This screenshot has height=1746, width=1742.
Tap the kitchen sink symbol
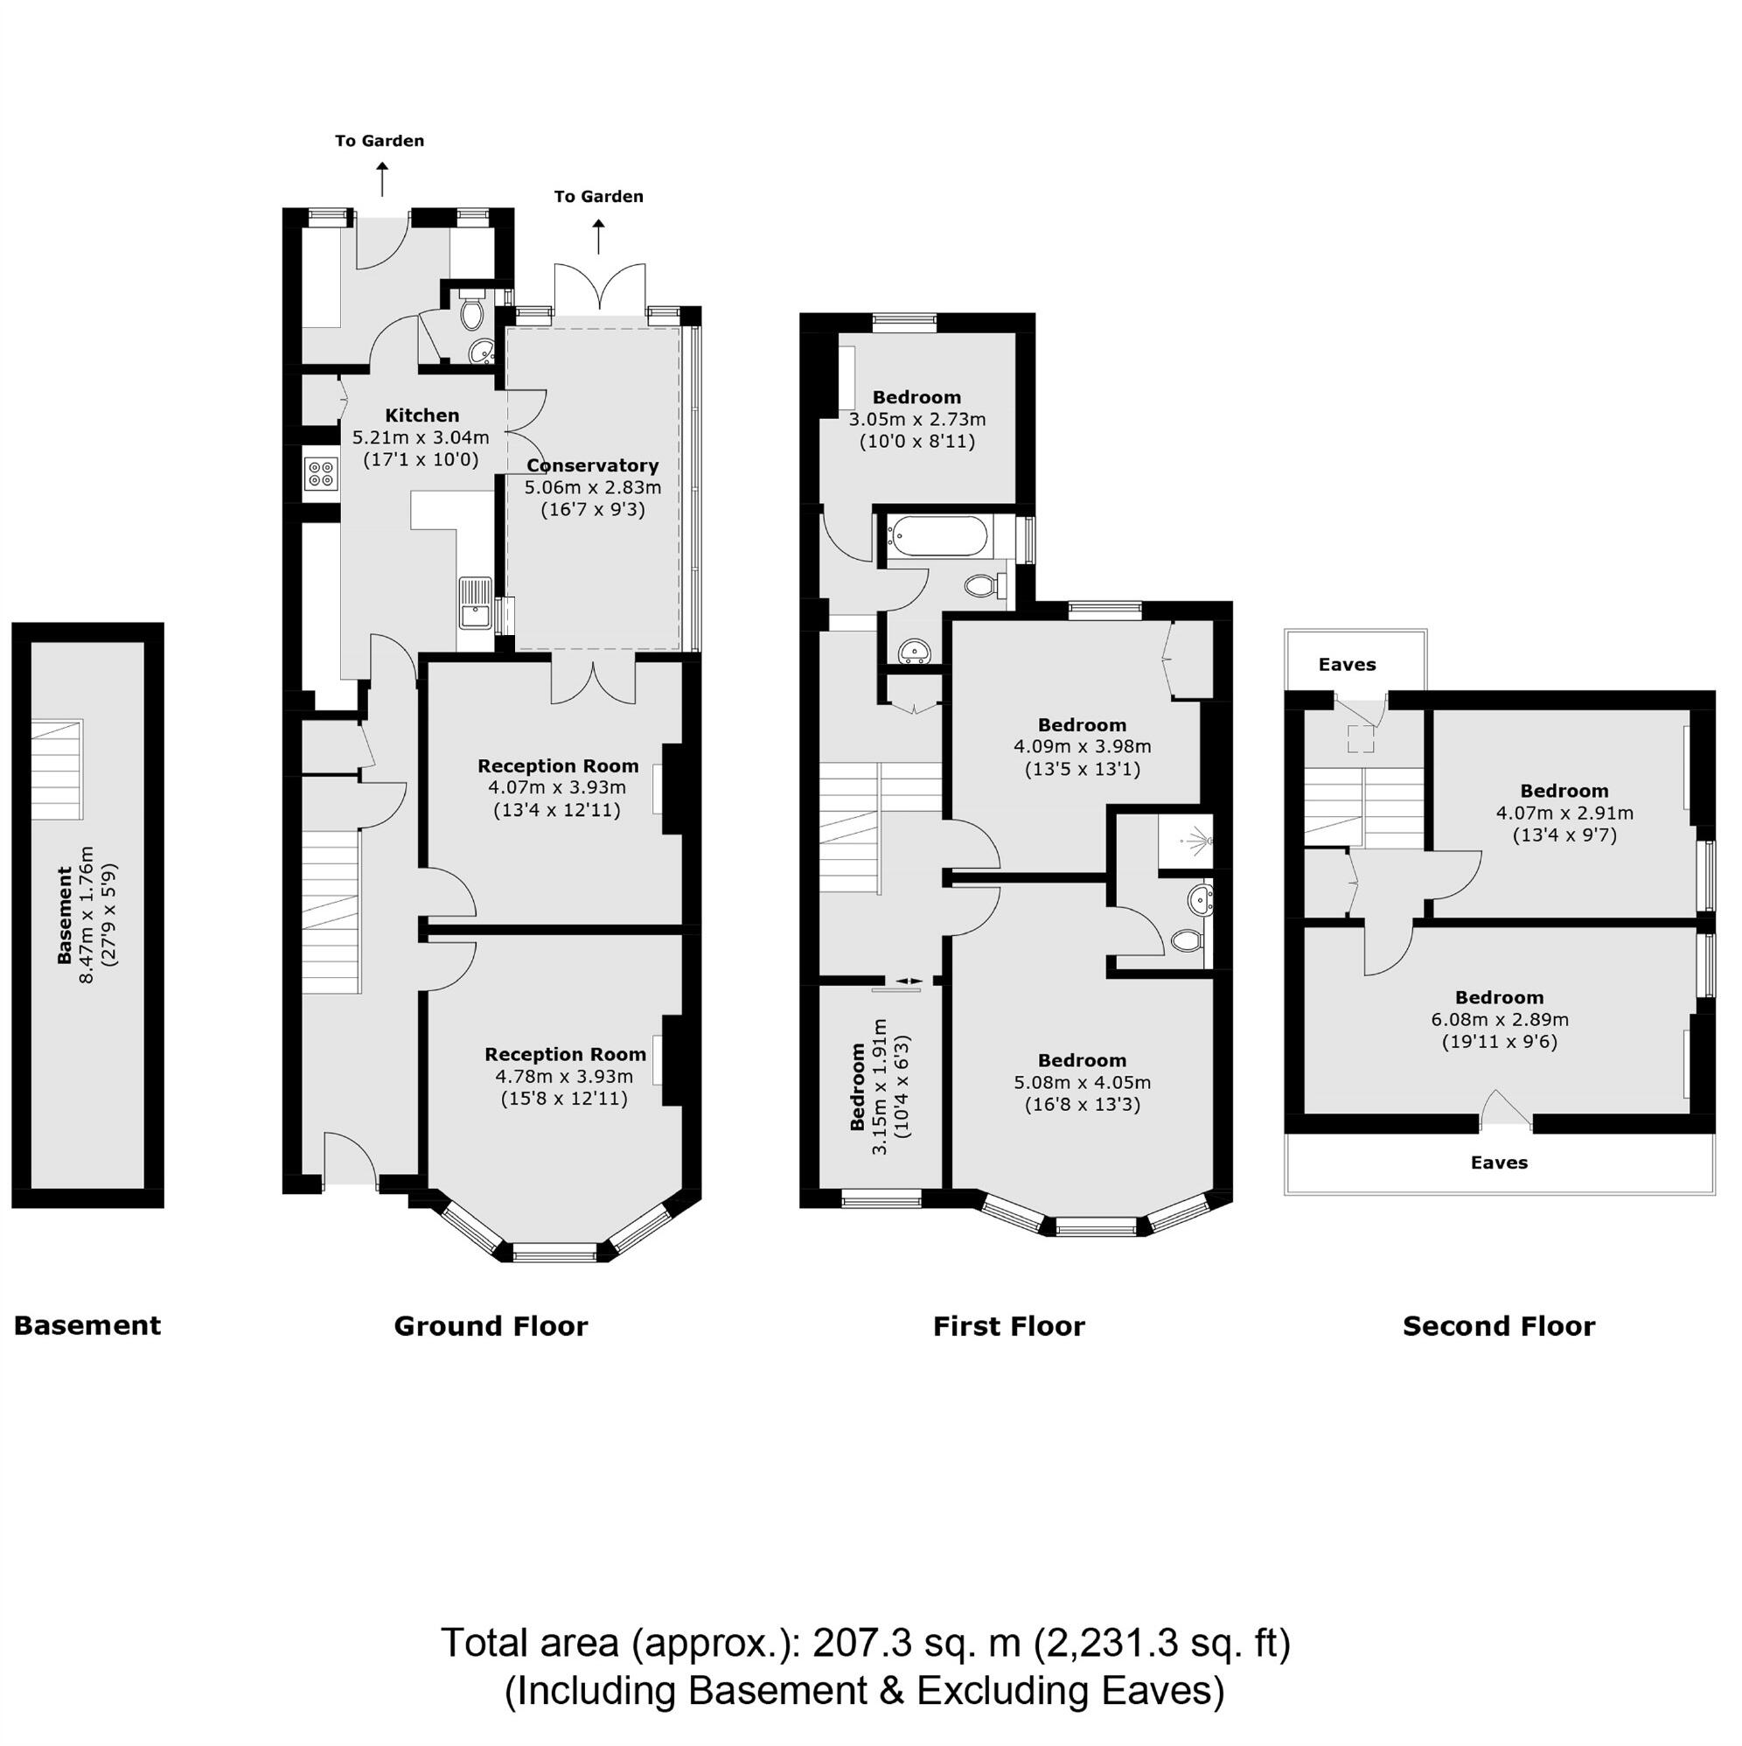[x=475, y=604]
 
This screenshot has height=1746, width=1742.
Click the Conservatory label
[x=593, y=465]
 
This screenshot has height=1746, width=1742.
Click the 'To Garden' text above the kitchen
[x=380, y=141]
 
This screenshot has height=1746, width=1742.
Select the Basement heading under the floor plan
[x=87, y=1326]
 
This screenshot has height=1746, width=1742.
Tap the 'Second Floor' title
[x=1498, y=1326]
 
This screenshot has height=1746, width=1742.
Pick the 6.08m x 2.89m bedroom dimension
[x=1499, y=1019]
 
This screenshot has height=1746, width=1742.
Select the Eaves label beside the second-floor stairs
[x=1346, y=665]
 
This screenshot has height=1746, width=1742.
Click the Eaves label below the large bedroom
[x=1498, y=1163]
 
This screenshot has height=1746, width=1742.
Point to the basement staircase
[x=57, y=769]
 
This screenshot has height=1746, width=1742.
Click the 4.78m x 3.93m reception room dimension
[x=564, y=1076]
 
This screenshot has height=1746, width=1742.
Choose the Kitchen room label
[x=422, y=416]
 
